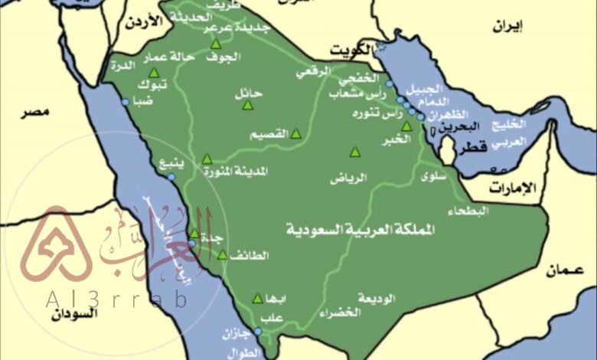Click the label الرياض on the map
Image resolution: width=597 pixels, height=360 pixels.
(348, 178)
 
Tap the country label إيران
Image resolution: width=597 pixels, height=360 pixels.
(507, 29)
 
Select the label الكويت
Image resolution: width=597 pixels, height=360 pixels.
(350, 51)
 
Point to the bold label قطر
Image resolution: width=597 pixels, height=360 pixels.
(473, 149)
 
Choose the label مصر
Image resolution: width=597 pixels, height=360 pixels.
(34, 113)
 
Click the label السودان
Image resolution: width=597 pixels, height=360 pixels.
(77, 313)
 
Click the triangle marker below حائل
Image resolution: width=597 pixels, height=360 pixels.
(247, 104)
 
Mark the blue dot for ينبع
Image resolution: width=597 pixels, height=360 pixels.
(171, 177)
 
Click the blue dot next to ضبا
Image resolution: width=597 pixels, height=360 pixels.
(125, 101)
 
